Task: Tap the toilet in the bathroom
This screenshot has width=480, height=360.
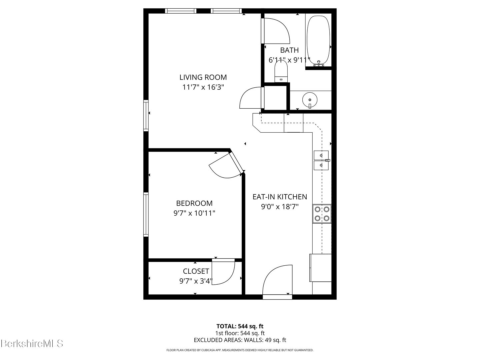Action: (x=281, y=71)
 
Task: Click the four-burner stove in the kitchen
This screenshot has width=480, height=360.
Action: (x=322, y=214)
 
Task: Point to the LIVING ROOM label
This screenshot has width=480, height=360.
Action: (x=203, y=77)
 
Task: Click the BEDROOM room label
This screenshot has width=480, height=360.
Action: (x=194, y=203)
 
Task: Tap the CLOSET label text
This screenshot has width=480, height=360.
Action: (x=196, y=271)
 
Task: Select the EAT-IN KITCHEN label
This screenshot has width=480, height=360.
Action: (x=280, y=197)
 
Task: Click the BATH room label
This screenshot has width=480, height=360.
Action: (x=289, y=50)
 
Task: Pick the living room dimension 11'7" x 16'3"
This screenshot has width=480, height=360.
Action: (x=203, y=87)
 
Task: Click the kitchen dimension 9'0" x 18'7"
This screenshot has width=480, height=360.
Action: (x=280, y=207)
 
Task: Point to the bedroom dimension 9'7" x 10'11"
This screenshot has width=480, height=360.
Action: (x=194, y=213)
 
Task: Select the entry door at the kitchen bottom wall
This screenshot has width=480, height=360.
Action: (x=277, y=282)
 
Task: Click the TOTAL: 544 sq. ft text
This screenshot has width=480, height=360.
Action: (x=240, y=326)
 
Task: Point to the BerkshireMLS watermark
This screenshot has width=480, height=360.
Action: (x=32, y=343)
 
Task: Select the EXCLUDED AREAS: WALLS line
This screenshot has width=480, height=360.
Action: (x=240, y=340)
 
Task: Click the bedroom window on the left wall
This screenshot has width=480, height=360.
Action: (x=146, y=214)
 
